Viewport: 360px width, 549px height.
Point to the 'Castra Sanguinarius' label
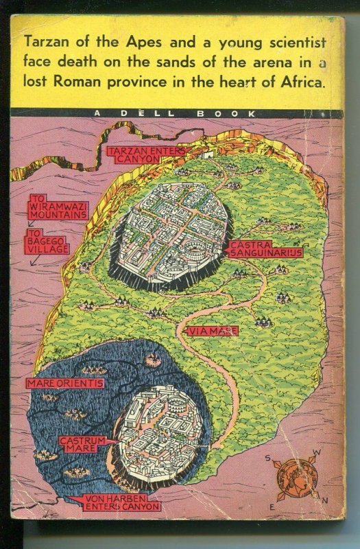265,248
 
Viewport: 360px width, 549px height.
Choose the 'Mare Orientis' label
65,383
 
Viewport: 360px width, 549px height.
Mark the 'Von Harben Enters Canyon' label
121,502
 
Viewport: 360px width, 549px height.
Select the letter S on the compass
269,458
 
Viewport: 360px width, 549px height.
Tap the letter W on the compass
316,452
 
